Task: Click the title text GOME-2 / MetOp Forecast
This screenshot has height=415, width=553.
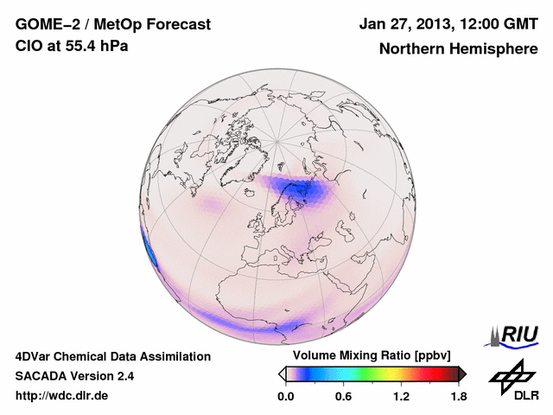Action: pos(112,26)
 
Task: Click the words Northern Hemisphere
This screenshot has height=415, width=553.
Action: pos(458,49)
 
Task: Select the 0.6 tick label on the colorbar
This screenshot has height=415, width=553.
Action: pos(343,396)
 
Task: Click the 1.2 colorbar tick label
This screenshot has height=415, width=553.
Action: pos(400,396)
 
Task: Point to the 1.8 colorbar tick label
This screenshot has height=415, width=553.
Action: pos(458,396)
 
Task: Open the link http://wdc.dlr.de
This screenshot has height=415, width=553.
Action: pos(62,396)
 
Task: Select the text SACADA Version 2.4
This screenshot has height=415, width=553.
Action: pos(74,376)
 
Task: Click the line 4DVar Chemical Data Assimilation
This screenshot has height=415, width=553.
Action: pos(112,356)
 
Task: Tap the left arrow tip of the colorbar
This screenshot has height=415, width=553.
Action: pos(280,373)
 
